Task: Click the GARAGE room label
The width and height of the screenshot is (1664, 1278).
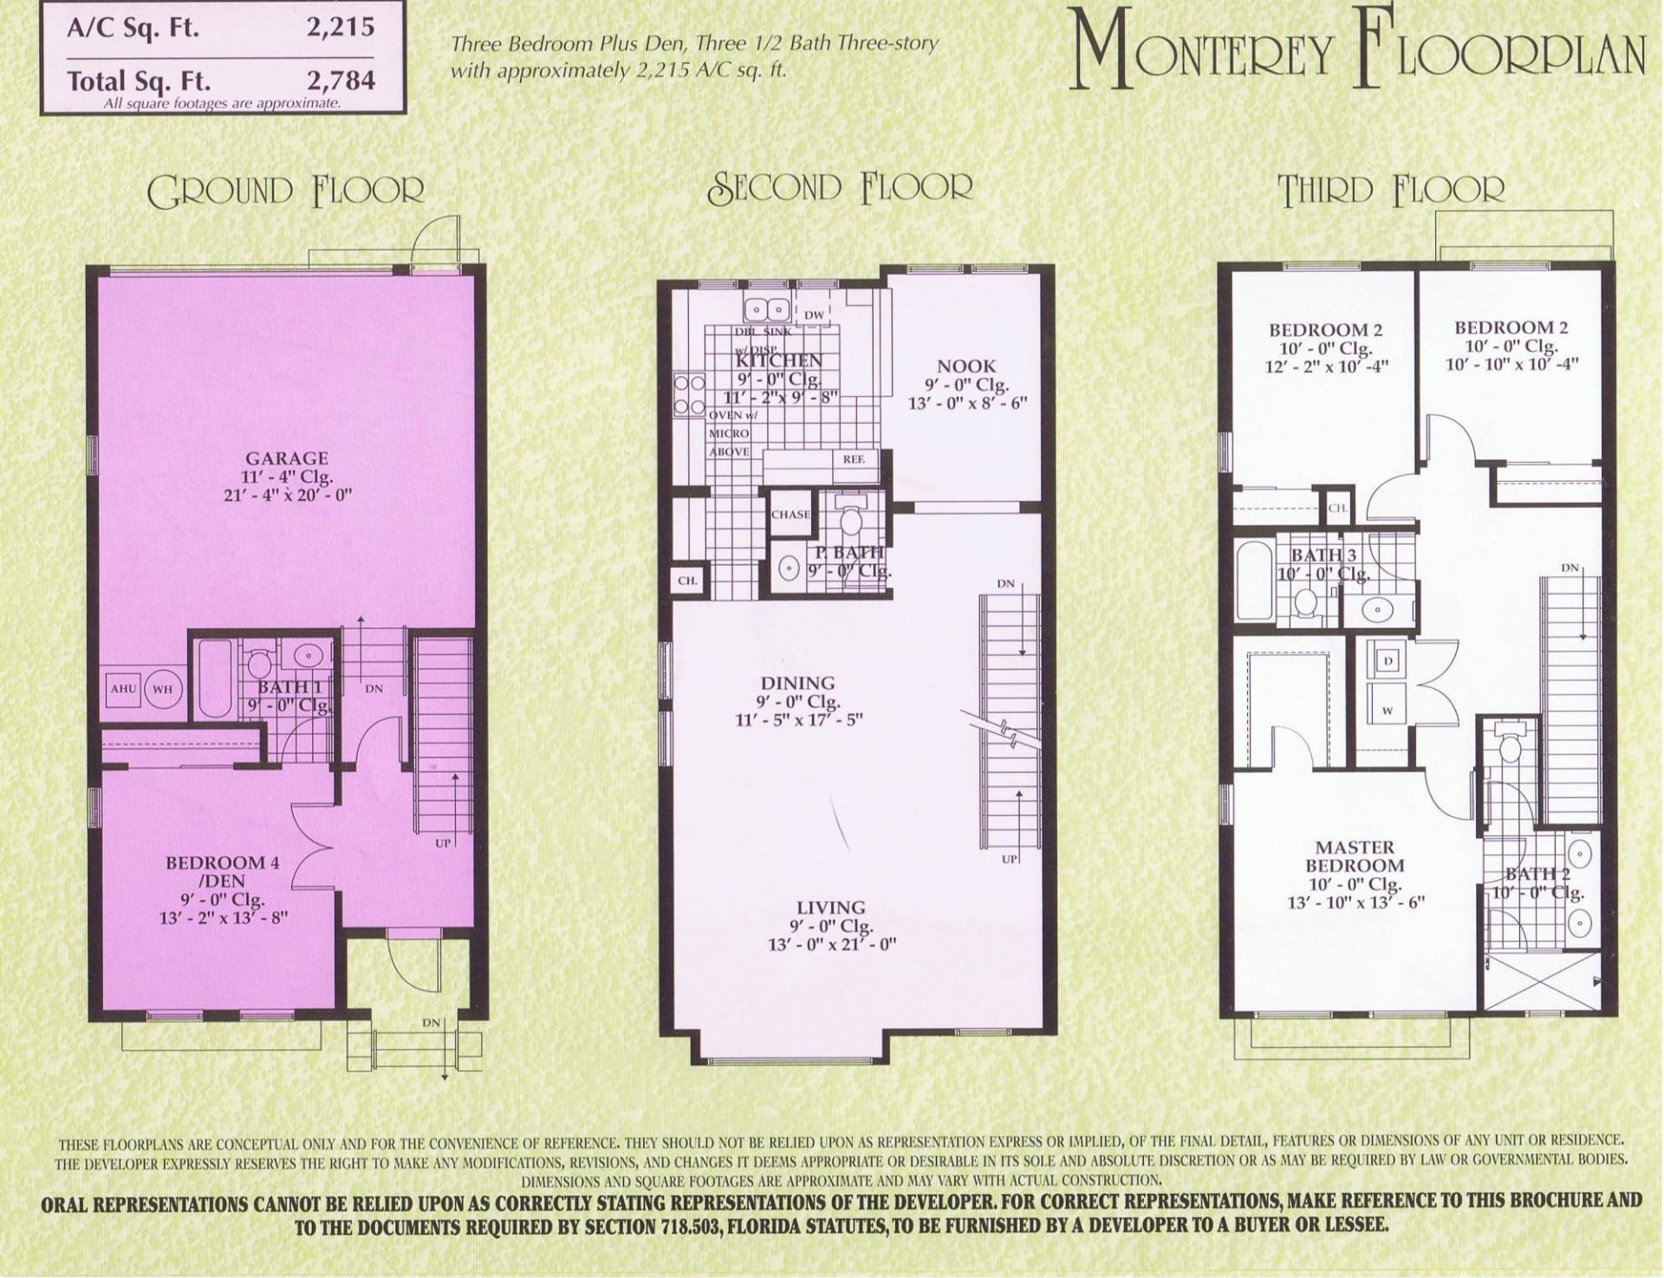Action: click(286, 458)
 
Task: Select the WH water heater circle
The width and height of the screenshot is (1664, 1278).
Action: click(162, 690)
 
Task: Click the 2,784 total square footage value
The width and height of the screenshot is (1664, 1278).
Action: click(341, 81)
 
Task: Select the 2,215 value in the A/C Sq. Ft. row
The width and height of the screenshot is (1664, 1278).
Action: click(341, 27)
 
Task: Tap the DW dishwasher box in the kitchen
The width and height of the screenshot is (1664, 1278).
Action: click(813, 315)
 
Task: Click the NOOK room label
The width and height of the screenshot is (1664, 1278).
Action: click(965, 367)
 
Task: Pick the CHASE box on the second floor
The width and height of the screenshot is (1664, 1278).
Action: click(790, 514)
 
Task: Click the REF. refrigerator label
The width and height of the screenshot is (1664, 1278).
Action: click(854, 459)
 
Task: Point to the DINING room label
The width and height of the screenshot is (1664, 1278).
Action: click(797, 684)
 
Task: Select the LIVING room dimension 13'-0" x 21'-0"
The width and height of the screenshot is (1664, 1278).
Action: click(831, 944)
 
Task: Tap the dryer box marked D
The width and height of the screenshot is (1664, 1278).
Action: click(1388, 661)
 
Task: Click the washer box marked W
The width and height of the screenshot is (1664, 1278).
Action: click(1387, 711)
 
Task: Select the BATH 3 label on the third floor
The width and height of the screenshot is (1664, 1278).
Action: click(1323, 555)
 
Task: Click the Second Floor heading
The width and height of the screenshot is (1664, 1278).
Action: click(840, 186)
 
